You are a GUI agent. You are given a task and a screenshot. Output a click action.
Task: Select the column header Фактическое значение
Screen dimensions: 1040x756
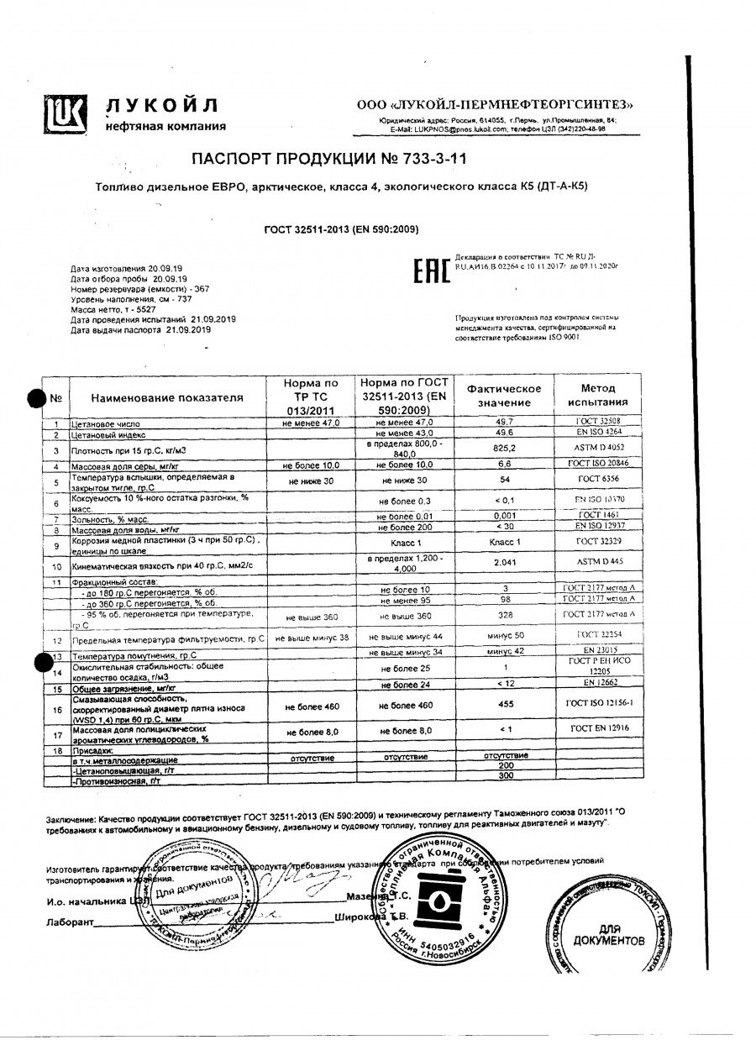pyautogui.click(x=504, y=396)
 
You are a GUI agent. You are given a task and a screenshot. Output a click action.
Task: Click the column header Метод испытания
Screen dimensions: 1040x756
pyautogui.click(x=597, y=396)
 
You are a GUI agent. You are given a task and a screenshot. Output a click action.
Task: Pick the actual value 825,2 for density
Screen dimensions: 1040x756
pyautogui.click(x=504, y=449)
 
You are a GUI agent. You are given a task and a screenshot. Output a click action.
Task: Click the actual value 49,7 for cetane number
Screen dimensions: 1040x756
pyautogui.click(x=504, y=423)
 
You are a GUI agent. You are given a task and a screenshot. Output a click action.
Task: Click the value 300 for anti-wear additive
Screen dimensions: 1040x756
pyautogui.click(x=504, y=775)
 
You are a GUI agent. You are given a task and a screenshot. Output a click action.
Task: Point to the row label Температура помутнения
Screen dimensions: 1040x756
pyautogui.click(x=134, y=654)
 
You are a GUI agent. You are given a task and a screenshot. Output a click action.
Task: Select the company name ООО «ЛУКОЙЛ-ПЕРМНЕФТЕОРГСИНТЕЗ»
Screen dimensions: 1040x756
pyautogui.click(x=495, y=105)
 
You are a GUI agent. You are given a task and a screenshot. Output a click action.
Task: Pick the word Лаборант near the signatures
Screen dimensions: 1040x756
pyautogui.click(x=68, y=922)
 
